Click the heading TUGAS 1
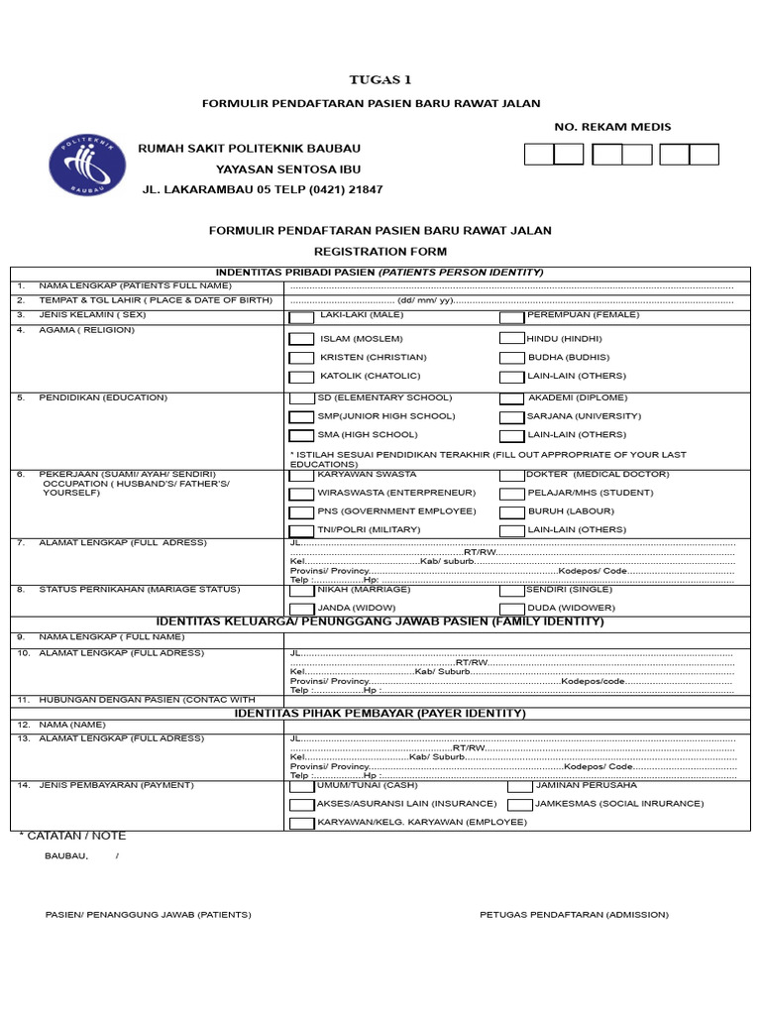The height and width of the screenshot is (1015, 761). (x=380, y=80)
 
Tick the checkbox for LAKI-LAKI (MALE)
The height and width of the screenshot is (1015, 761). (x=301, y=318)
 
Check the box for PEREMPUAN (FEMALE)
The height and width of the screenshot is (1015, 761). (x=511, y=318)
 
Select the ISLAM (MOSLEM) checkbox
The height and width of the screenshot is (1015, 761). (x=301, y=339)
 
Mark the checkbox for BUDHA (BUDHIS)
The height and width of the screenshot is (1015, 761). (x=511, y=358)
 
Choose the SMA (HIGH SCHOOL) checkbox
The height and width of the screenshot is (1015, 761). (x=301, y=435)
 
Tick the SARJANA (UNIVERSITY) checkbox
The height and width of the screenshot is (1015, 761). (x=511, y=417)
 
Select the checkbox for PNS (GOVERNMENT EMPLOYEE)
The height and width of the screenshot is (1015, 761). (x=301, y=512)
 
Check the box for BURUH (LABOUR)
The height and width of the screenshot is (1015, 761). (x=511, y=512)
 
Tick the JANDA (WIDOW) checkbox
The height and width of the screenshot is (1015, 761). (x=301, y=608)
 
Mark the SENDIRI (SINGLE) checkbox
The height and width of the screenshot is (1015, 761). (x=511, y=590)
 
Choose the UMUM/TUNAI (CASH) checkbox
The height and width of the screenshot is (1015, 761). (x=301, y=786)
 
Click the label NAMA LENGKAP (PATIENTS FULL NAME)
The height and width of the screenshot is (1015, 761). (x=135, y=286)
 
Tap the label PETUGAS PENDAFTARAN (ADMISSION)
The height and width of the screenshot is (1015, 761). (x=574, y=915)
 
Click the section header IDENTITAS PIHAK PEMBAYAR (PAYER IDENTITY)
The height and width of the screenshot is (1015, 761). (x=380, y=713)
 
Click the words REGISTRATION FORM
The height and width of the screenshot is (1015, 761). (x=380, y=252)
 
